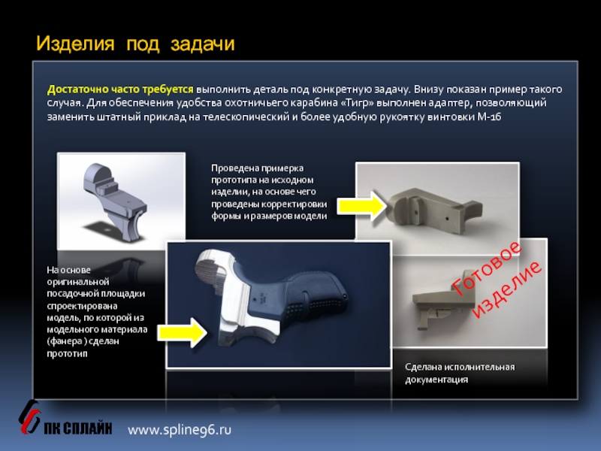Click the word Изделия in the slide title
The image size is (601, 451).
point(76,43)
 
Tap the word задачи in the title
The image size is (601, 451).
point(202,44)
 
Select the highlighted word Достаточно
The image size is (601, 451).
point(78,89)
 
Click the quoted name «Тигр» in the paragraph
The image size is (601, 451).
point(358,103)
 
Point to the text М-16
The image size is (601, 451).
point(489,117)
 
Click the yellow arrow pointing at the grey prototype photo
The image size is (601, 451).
point(362,206)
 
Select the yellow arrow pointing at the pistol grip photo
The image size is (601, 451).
point(183,332)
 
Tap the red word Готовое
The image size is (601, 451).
point(487,268)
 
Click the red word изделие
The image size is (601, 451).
point(507,289)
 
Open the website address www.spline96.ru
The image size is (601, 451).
point(180,429)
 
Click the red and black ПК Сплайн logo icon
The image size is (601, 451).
point(29,417)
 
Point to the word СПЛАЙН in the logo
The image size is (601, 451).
point(87,428)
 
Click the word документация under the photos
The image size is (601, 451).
point(436,380)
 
